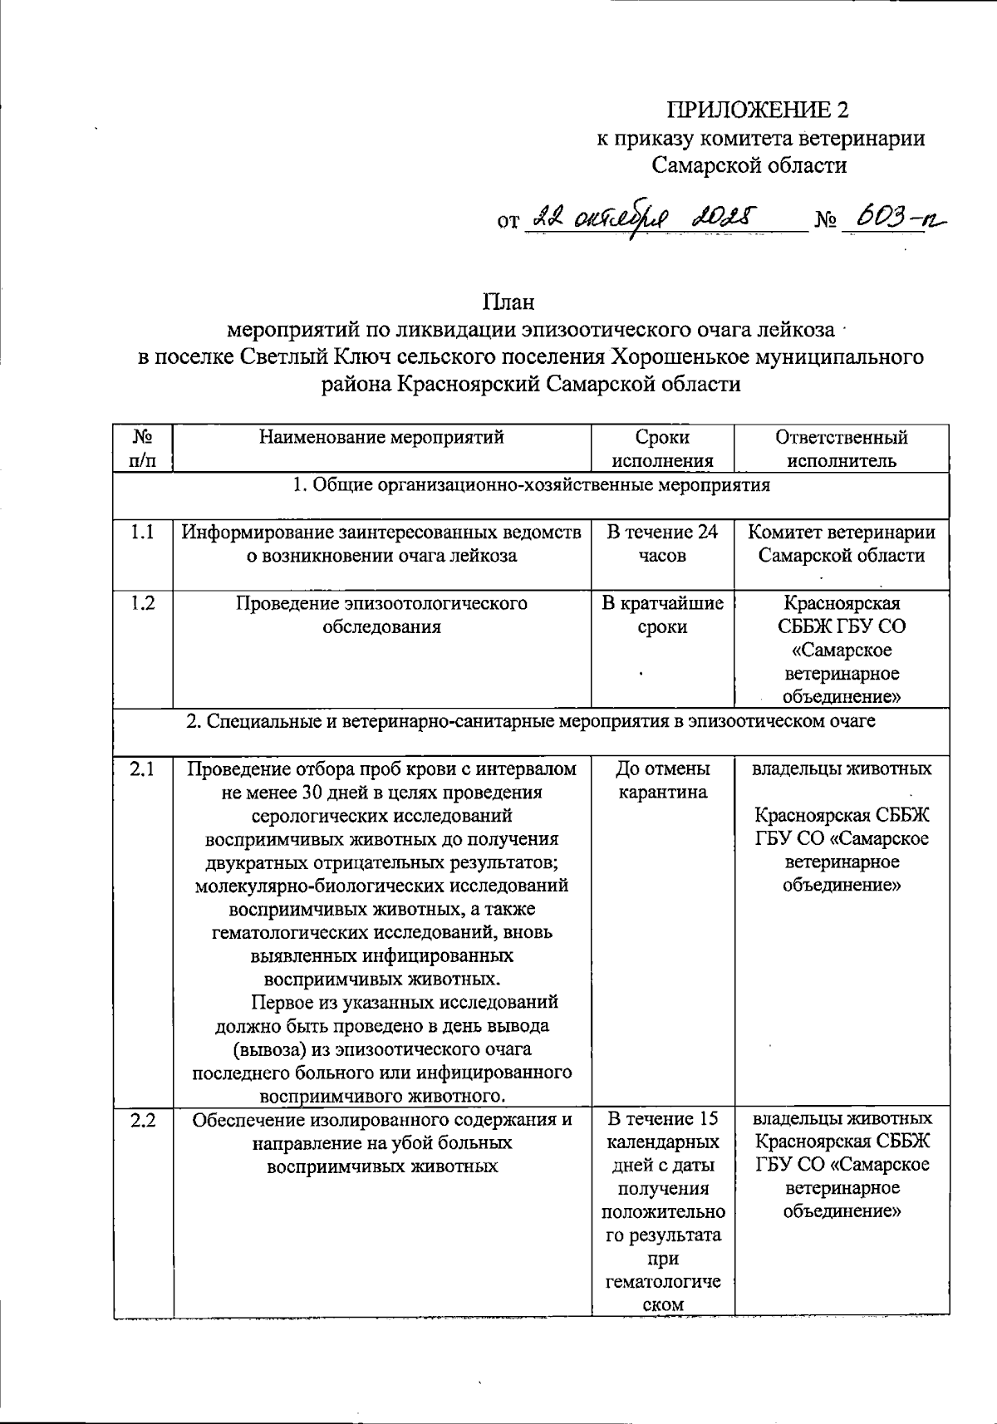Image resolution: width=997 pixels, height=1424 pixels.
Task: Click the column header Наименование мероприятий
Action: pos(381,438)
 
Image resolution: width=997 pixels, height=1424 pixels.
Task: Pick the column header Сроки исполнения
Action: pos(662,449)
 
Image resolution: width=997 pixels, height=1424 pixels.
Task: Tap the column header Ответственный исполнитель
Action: pos(841,449)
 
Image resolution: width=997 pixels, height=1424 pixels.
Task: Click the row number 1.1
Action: pos(143,533)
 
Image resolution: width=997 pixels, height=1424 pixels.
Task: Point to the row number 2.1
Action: pos(143,769)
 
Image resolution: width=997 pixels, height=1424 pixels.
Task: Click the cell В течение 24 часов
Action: pos(662,543)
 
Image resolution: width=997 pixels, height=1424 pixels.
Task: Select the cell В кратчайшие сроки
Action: pos(662,615)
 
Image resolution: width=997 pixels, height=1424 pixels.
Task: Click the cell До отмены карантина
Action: pos(662,780)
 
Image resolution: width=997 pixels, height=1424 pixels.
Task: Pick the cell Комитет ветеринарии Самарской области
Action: pos(841,543)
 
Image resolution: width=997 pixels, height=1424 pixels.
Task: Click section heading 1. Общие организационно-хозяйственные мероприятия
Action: pos(531,485)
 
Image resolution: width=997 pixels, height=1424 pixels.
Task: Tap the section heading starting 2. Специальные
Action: pos(531,721)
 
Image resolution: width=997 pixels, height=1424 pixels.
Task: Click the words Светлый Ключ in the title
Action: pos(286,357)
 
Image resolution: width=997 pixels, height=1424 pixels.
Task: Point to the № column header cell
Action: pos(143,449)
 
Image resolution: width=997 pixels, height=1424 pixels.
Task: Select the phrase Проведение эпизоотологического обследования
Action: pos(381,615)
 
